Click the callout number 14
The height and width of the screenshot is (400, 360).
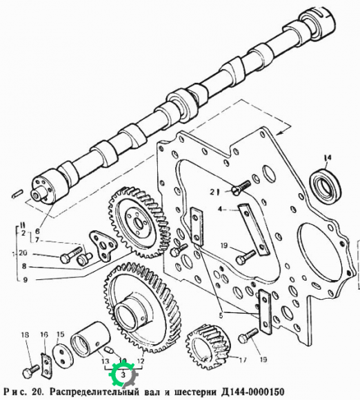[328, 158]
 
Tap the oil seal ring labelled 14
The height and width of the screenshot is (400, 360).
[325, 184]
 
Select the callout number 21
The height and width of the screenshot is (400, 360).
[214, 192]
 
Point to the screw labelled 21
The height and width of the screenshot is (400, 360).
[241, 186]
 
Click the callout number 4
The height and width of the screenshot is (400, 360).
[220, 210]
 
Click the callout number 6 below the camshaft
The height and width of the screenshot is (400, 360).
[37, 231]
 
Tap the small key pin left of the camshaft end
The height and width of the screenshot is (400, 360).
[18, 193]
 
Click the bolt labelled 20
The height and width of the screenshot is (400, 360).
[71, 254]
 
